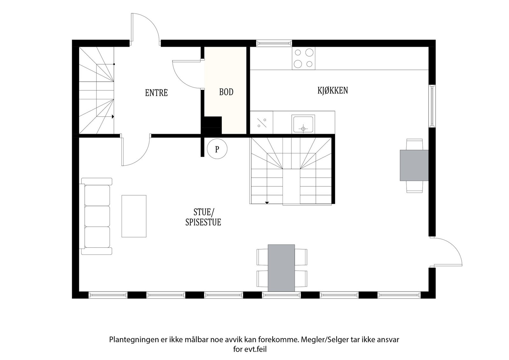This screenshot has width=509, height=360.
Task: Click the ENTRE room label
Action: (x=156, y=93)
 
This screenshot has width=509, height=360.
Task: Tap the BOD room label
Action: (x=226, y=92)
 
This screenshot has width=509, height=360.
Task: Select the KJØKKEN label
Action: (x=332, y=91)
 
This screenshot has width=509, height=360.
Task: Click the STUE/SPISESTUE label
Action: (x=203, y=217)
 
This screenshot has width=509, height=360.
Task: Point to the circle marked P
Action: (x=217, y=149)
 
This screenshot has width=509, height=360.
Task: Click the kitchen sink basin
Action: (x=303, y=124)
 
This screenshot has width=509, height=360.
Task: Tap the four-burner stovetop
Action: (x=303, y=59)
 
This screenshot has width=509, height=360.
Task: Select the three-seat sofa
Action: (x=97, y=216)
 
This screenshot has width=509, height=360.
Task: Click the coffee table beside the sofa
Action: (x=134, y=216)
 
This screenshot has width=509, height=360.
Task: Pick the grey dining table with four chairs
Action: (x=281, y=268)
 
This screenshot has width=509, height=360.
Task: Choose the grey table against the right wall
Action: (x=414, y=165)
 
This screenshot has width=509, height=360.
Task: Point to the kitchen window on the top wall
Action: (x=274, y=43)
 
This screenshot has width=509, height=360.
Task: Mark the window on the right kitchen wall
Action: (x=432, y=106)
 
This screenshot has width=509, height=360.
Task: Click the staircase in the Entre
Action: (x=96, y=91)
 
